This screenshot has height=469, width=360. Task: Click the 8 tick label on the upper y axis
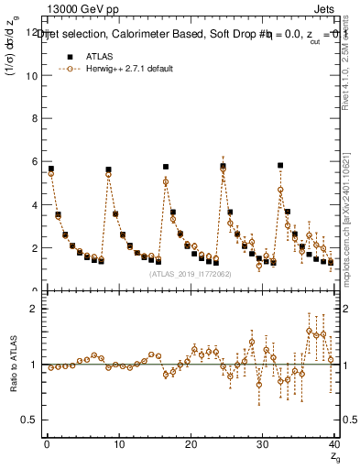coord(36,119)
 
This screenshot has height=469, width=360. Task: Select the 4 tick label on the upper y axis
coord(36,205)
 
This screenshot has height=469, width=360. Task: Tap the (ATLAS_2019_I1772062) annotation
coord(190,273)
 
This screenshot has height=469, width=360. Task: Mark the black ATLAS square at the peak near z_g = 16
coord(166,167)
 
